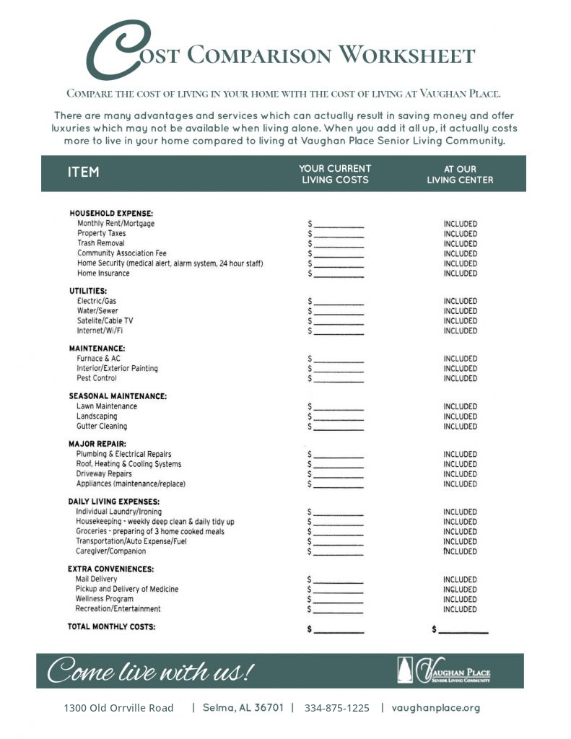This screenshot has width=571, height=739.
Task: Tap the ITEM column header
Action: [x=84, y=172]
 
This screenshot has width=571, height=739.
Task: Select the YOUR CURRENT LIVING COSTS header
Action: [x=335, y=174]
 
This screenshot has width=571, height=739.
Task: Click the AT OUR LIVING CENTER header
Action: [x=460, y=174]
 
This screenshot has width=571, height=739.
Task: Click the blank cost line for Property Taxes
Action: [x=339, y=235]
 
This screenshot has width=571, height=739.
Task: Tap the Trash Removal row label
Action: [x=100, y=243]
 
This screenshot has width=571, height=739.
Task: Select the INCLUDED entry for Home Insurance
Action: [x=460, y=274]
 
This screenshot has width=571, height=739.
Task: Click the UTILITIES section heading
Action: [x=88, y=291]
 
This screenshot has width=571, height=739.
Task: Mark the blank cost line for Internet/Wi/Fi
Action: [x=339, y=332]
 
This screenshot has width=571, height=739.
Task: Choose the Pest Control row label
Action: [x=96, y=378]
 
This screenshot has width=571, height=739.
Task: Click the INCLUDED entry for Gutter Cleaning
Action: [x=460, y=427]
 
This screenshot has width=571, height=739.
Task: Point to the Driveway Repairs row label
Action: [x=104, y=474]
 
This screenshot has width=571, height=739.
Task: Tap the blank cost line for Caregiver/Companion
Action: [x=339, y=553]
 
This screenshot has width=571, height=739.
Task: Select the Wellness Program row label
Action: [x=105, y=599]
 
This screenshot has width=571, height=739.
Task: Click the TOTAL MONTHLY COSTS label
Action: [x=111, y=626]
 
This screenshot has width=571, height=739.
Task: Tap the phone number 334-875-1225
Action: [x=336, y=708]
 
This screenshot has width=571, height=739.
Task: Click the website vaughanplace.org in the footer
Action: [x=435, y=708]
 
